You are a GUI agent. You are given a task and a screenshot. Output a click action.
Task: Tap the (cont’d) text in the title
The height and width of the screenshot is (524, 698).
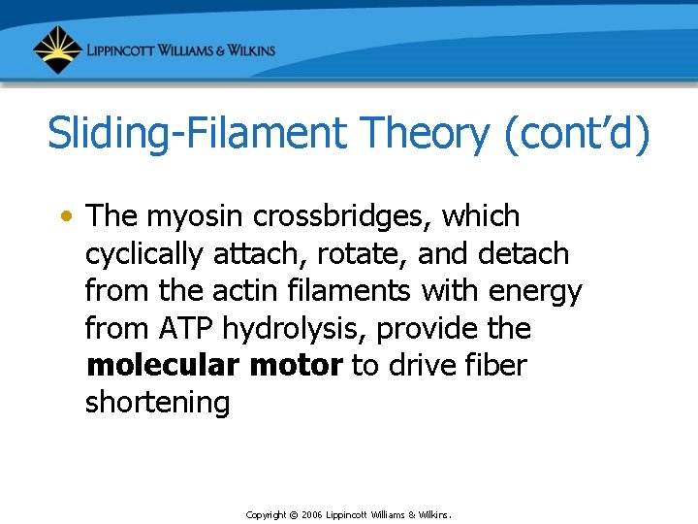[x=578, y=134]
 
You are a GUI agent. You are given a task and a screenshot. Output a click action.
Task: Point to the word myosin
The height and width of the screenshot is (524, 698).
[x=200, y=215]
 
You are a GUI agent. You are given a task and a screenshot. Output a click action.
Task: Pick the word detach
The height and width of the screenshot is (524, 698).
[x=524, y=253]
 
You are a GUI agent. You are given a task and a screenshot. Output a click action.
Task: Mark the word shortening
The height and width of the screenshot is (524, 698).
[x=157, y=403]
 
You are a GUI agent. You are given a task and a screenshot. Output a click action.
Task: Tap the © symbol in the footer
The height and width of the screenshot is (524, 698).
[x=293, y=514]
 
